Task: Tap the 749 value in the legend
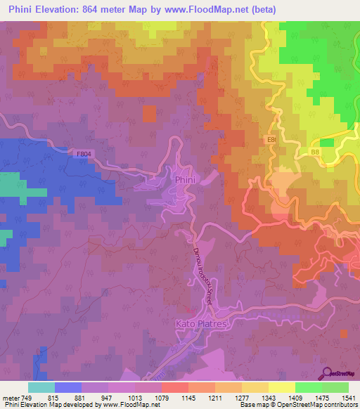tap(27, 398)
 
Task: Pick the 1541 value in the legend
tap(349, 398)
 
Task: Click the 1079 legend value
tap(161, 398)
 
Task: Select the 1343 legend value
tap(268, 398)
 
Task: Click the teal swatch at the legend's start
tap(41, 387)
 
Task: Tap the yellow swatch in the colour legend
tap(281, 387)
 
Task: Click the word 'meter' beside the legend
tap(9, 398)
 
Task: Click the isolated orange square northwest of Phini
tap(149, 113)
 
